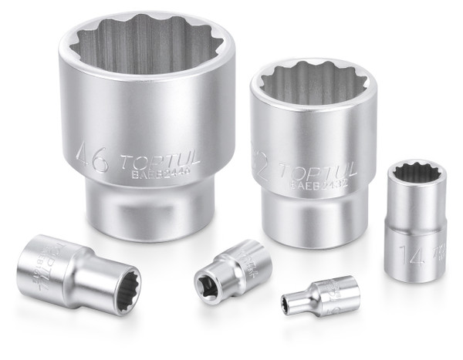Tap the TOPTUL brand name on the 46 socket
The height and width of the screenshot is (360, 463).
pos(161,163)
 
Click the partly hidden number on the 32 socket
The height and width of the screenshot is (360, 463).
pos(261,167)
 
